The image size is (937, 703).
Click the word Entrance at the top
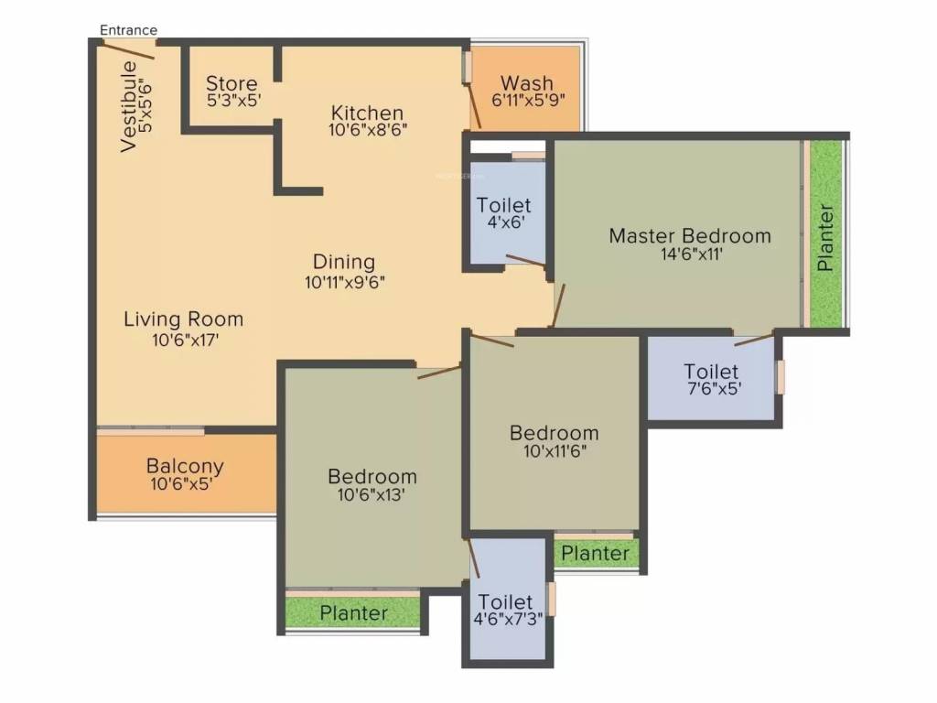tap(128, 30)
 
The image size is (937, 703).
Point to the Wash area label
tap(527, 83)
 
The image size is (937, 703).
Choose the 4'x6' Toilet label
tap(504, 206)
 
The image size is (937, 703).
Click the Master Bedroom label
tap(690, 236)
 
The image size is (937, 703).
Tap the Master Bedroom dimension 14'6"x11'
tap(690, 254)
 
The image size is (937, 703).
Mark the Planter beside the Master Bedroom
tap(825, 236)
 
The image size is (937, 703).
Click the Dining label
tap(344, 263)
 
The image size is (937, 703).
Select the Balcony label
tap(185, 466)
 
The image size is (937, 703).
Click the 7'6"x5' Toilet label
tap(712, 372)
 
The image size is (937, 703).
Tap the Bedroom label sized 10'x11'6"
tap(555, 433)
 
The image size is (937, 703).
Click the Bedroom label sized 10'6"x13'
tap(372, 477)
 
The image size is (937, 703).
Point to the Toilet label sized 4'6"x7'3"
tap(506, 602)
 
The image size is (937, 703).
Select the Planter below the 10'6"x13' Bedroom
tap(353, 612)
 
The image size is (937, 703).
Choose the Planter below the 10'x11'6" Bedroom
tap(595, 554)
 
